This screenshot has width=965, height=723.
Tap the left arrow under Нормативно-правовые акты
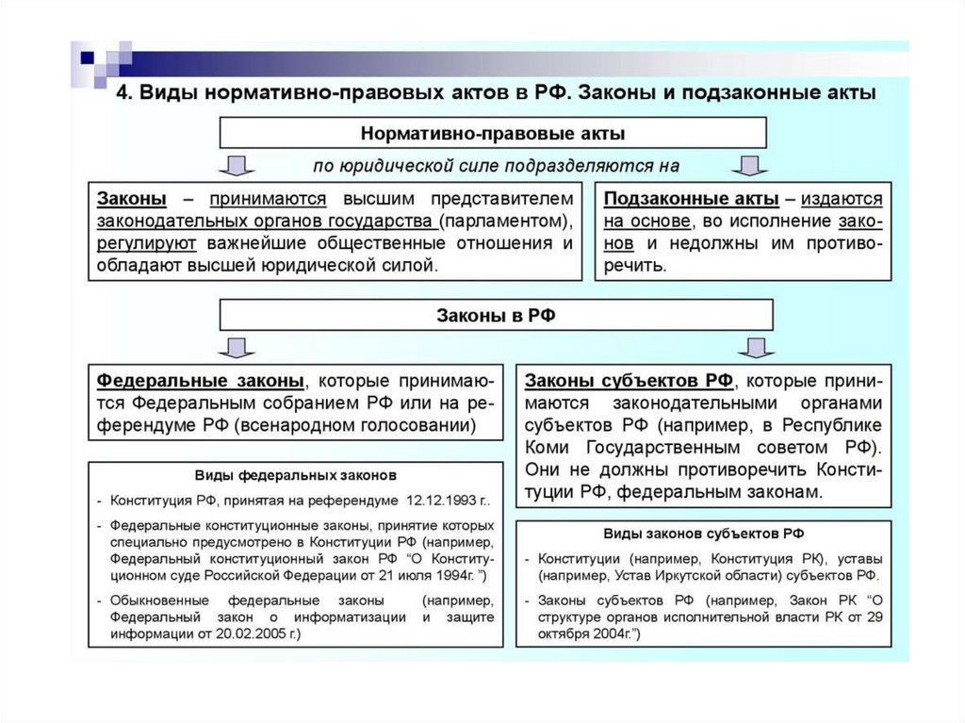click(236, 167)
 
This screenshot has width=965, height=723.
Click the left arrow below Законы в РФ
click(236, 349)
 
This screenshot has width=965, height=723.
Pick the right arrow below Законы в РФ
click(750, 349)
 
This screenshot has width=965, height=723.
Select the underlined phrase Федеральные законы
click(200, 381)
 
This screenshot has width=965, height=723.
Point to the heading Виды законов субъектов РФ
click(703, 533)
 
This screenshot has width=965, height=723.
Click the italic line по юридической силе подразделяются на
click(497, 166)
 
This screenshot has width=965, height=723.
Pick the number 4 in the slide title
click(121, 94)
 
